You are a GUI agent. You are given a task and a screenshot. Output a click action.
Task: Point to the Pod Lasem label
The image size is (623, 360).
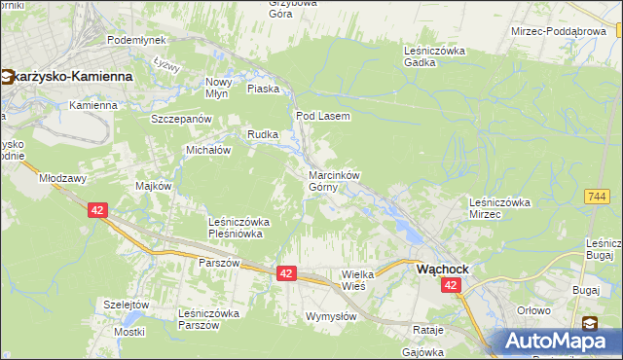click(x=322, y=115)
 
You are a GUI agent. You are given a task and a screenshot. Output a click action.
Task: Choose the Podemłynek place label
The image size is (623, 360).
click(x=136, y=40)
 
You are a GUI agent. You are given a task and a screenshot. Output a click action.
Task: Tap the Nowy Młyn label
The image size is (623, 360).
click(x=217, y=88)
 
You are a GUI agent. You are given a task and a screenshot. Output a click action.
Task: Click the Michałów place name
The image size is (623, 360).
click(x=207, y=150)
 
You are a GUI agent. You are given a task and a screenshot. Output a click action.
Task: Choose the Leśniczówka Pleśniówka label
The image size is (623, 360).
click(x=239, y=228)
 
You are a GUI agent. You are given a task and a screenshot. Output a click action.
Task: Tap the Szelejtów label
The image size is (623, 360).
click(x=128, y=304)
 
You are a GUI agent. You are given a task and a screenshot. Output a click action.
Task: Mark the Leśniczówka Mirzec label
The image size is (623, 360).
click(x=498, y=207)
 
